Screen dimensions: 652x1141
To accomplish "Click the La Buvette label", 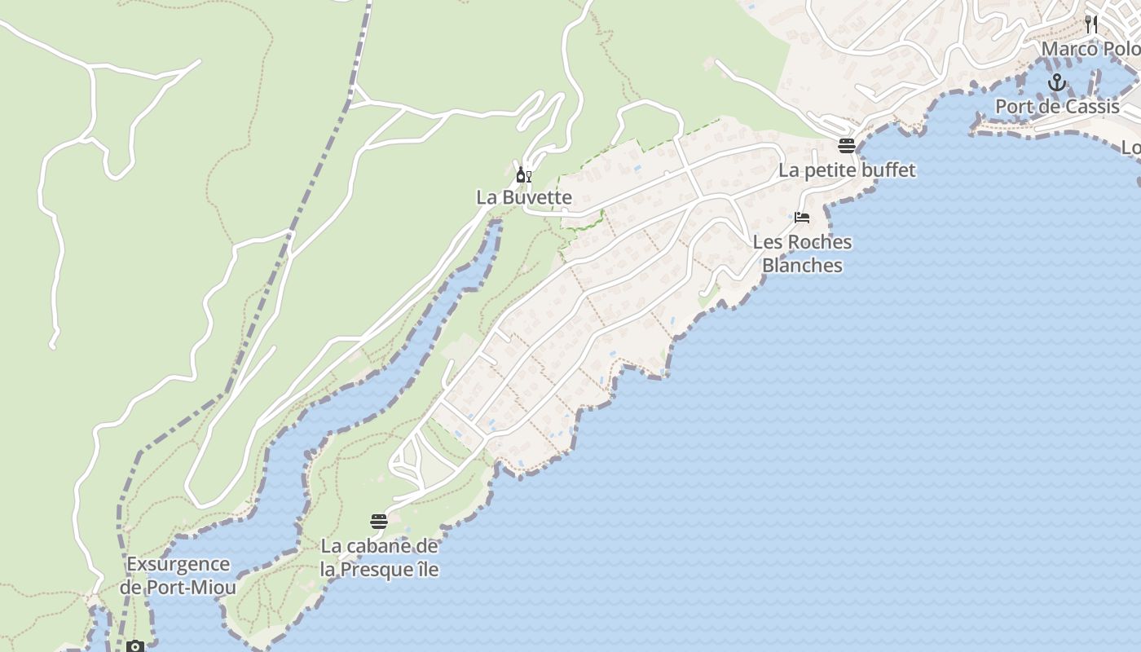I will point(524,197).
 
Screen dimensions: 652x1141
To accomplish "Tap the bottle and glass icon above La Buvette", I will point(524,174).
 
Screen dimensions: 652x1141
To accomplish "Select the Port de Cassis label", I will point(1057,107).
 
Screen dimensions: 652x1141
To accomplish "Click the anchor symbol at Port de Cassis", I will point(1057,82).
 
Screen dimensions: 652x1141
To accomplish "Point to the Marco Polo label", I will point(1090,49).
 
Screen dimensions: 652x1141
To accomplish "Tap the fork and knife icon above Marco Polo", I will point(1091,24).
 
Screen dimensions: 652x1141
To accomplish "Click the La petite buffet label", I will point(847,170).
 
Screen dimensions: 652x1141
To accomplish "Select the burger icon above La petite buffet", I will point(847,146).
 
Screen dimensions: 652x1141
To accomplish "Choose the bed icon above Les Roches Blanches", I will point(802,218).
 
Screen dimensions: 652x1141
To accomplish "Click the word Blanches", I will point(802,266).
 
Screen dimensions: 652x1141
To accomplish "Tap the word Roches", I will point(820,242).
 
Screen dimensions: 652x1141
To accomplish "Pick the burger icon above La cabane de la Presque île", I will point(379,522).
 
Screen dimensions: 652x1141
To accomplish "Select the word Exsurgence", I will point(178,564).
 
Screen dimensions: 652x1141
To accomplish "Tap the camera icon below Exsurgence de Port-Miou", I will point(135,646).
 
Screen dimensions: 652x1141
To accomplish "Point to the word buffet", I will point(889,170).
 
